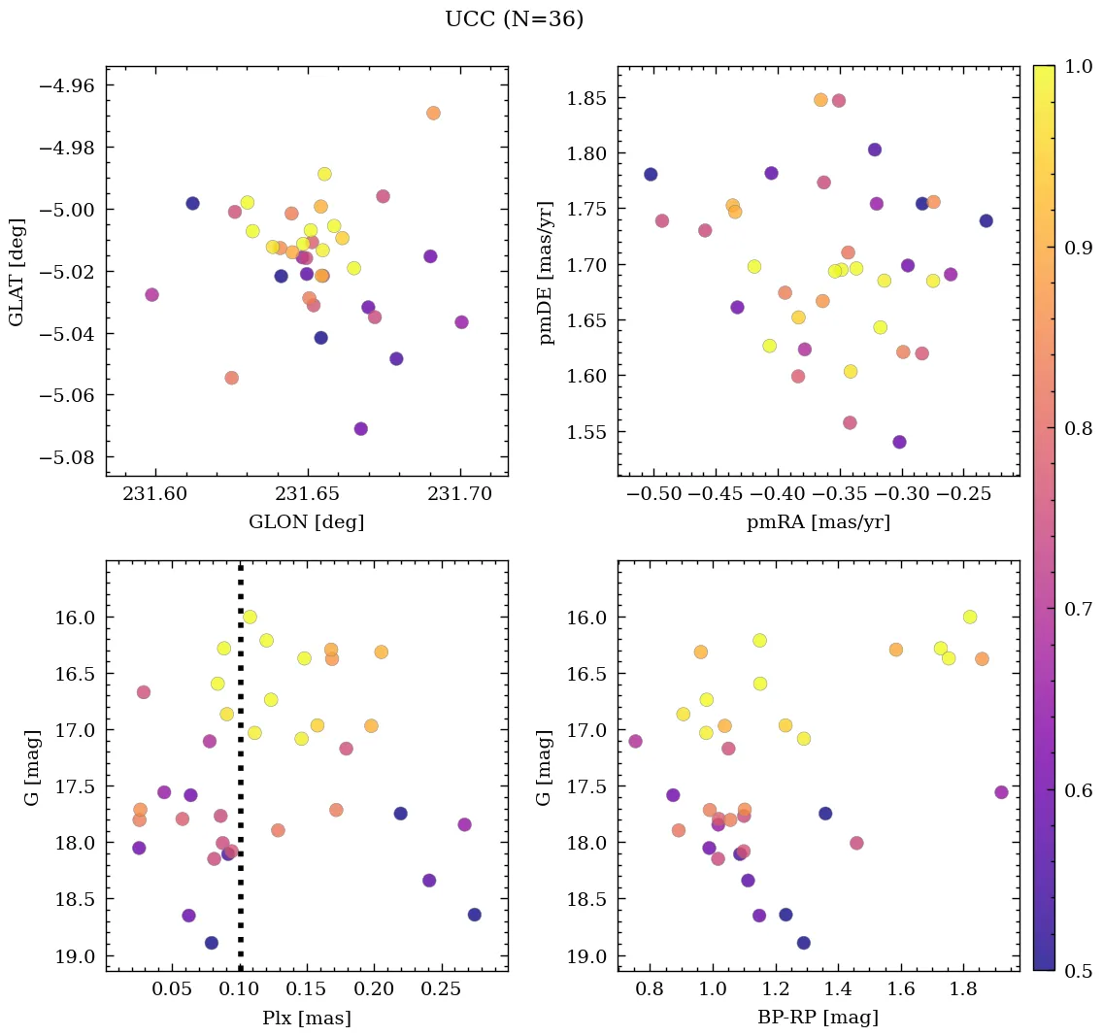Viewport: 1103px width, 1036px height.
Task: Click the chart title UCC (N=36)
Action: pyautogui.click(x=514, y=19)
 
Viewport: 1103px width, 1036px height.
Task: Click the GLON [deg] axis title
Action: pyautogui.click(x=307, y=522)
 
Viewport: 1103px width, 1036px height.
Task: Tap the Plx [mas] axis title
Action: pyautogui.click(x=307, y=1019)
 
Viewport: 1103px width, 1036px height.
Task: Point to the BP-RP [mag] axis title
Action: pyautogui.click(x=818, y=1019)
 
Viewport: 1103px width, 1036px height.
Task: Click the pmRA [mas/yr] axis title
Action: pyautogui.click(x=818, y=522)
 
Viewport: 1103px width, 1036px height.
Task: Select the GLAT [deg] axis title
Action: pyautogui.click(x=17, y=272)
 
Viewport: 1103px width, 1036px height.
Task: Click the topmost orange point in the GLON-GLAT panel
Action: pyautogui.click(x=433, y=114)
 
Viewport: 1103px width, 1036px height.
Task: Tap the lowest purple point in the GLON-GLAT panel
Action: pyautogui.click(x=361, y=429)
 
